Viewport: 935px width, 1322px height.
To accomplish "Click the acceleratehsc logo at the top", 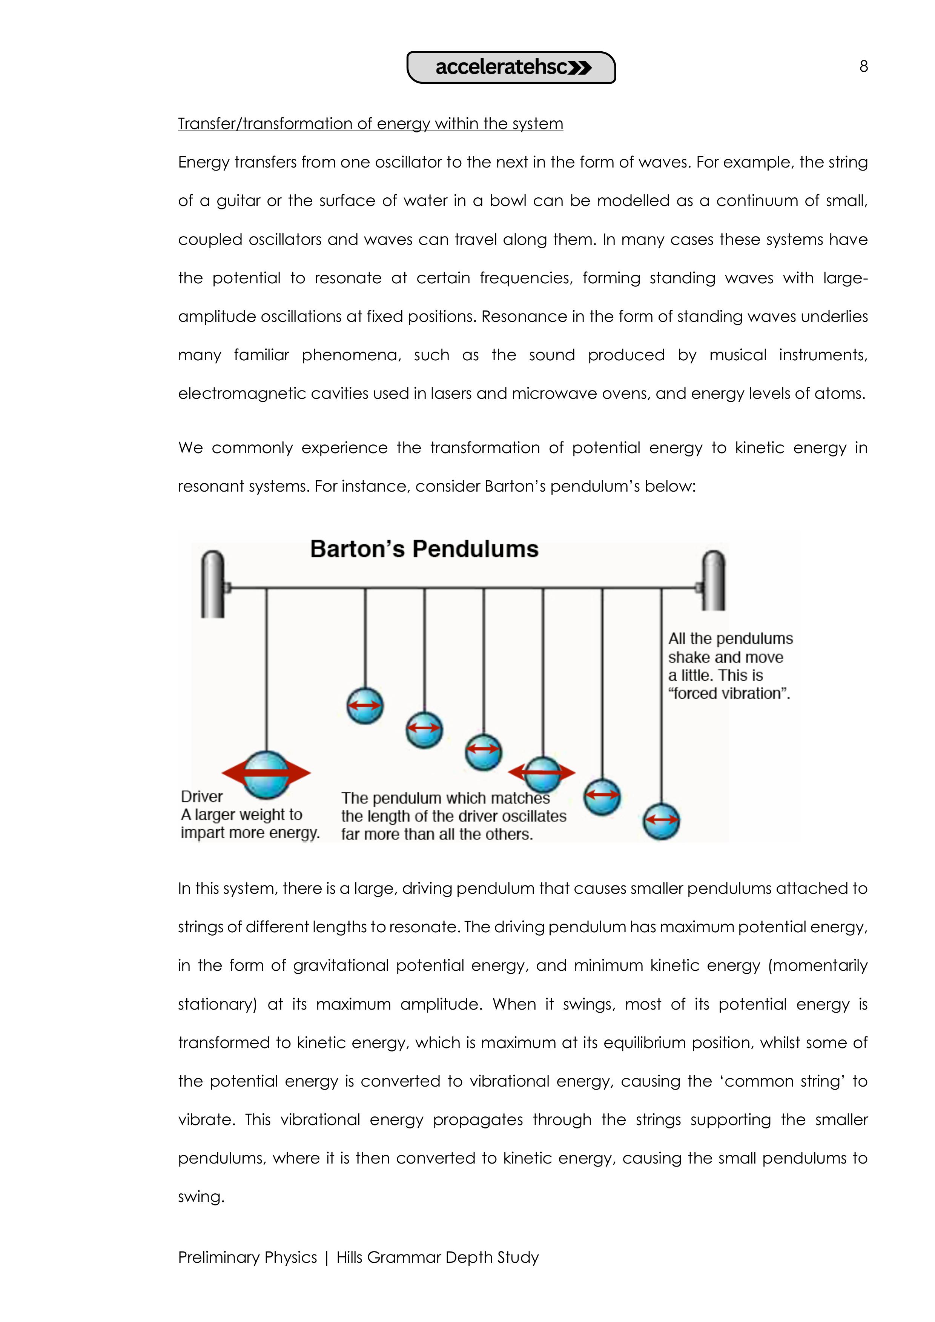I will [x=511, y=68].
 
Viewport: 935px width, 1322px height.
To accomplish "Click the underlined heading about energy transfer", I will [x=370, y=124].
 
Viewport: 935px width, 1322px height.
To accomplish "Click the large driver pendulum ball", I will [x=266, y=775].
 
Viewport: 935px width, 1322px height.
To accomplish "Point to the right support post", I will [x=714, y=580].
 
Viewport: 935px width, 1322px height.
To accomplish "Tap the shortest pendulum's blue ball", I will [x=365, y=706].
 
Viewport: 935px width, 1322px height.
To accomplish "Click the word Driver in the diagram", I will [x=201, y=796].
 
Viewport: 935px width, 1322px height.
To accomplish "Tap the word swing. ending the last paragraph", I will [x=201, y=1196].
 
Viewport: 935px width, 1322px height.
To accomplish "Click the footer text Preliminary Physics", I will [x=247, y=1257].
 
